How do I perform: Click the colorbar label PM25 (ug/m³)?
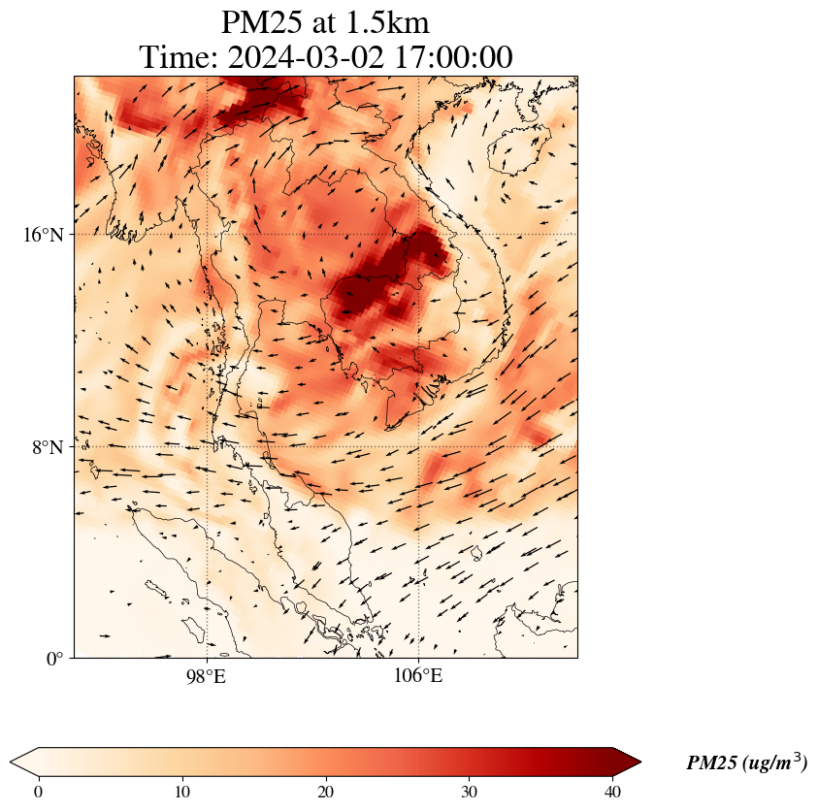point(746,763)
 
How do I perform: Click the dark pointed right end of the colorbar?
point(628,762)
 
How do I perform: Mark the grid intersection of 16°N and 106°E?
point(418,235)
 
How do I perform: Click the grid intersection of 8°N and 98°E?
point(207,446)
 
